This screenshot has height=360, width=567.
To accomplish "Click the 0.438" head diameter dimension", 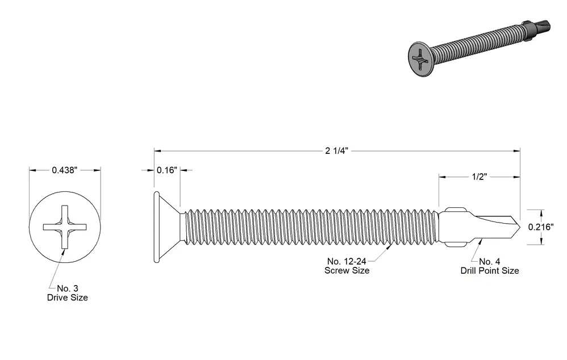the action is point(64,170).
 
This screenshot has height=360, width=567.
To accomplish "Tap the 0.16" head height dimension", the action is point(166,170).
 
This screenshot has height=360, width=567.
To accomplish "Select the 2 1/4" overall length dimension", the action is point(336,150).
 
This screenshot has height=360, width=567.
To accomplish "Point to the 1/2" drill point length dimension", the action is point(480,177).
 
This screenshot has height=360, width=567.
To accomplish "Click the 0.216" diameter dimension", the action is point(541,227).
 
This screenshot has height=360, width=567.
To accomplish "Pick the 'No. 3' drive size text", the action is point(68,288).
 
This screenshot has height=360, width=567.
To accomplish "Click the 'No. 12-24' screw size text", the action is point(347,261).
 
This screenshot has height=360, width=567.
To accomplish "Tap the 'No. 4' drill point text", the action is point(490,261).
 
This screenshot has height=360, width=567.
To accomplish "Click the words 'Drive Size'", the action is point(68,298).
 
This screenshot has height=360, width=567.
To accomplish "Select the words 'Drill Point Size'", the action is point(490,270).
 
